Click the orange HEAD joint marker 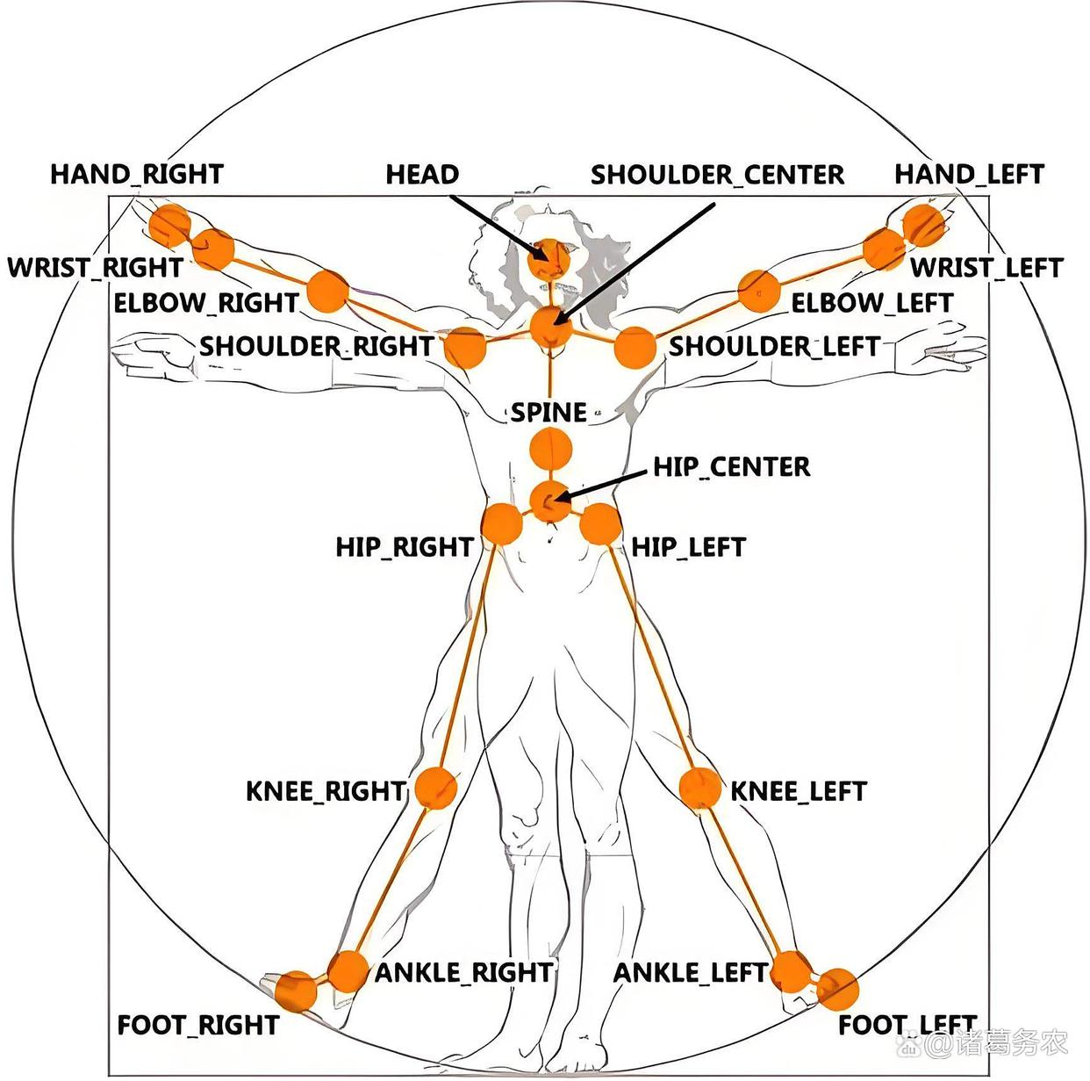pyautogui.click(x=550, y=259)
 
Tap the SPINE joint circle pyautogui.click(x=550, y=452)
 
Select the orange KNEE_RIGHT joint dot pyautogui.click(x=435, y=788)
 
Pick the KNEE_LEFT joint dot pyautogui.click(x=700, y=788)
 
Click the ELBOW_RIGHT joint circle pyautogui.click(x=327, y=291)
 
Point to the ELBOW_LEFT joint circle pyautogui.click(x=759, y=291)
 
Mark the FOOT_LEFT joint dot pyautogui.click(x=837, y=989)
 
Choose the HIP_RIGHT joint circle pyautogui.click(x=503, y=524)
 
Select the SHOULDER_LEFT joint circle pyautogui.click(x=635, y=348)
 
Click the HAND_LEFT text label pyautogui.click(x=969, y=174)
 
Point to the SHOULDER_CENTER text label pyautogui.click(x=717, y=175)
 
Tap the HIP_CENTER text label pyautogui.click(x=731, y=466)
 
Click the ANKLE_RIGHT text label pyautogui.click(x=464, y=972)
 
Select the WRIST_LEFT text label pyautogui.click(x=986, y=267)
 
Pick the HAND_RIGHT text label pyautogui.click(x=137, y=174)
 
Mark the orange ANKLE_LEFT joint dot pyautogui.click(x=792, y=971)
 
